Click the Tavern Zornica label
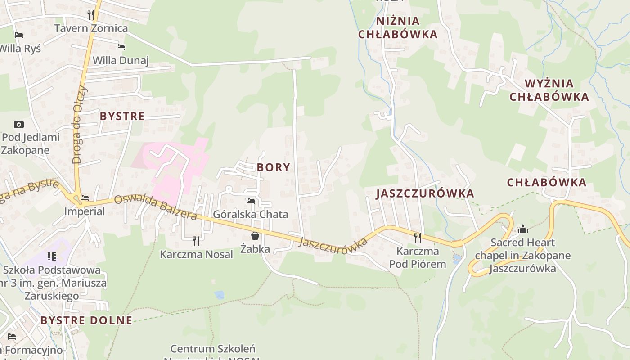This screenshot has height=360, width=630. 91,28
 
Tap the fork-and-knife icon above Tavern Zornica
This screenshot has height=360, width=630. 91,14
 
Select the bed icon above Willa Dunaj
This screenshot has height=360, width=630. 120,47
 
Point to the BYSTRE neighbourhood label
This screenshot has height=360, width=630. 122,116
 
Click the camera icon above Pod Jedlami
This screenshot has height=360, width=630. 18,124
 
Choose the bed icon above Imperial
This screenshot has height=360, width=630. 85,198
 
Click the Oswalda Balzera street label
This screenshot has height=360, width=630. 155,208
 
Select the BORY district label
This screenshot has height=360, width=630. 274,167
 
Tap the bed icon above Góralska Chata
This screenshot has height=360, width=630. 251,201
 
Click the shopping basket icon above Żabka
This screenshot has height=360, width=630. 255,235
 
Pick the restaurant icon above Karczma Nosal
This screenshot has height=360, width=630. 196,241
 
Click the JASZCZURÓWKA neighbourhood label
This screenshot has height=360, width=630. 425,193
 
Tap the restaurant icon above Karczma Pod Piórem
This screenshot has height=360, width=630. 418,237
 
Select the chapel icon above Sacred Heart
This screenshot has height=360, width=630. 522,229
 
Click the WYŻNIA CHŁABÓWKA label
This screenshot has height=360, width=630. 549,90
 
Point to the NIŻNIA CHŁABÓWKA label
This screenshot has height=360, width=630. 398,27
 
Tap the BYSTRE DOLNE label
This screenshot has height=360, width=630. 86,320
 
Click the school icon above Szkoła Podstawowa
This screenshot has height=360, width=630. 52,256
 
